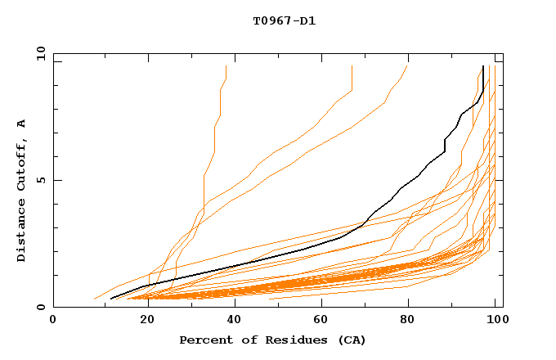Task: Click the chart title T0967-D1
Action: tap(284, 21)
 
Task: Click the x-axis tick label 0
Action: tap(54, 321)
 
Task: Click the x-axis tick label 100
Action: tap(495, 321)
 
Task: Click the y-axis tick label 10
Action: tap(39, 53)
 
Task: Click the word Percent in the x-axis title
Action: tap(203, 340)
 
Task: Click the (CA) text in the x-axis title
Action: tap(348, 340)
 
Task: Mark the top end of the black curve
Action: tap(483, 66)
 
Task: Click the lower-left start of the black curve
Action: tap(111, 299)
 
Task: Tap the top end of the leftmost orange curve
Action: tap(226, 66)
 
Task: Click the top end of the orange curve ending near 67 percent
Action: tap(352, 66)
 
